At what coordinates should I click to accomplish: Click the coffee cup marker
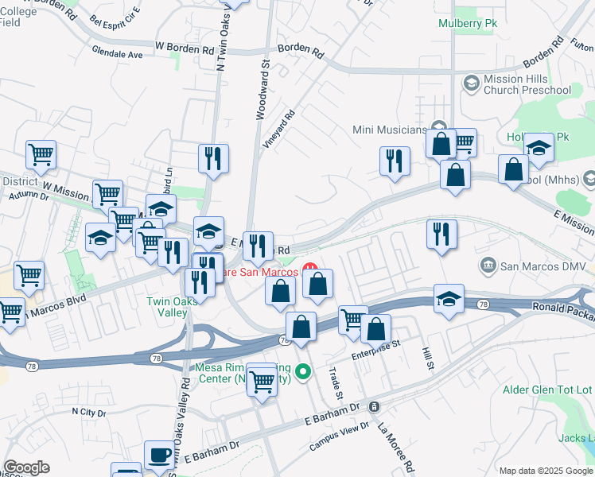click(160, 456)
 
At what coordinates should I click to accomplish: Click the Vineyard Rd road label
click(278, 129)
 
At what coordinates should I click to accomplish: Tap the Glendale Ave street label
click(117, 55)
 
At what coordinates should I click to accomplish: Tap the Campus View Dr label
click(339, 436)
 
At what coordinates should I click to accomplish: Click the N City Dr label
click(88, 411)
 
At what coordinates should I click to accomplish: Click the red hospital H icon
click(311, 271)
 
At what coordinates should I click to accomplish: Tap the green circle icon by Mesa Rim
click(302, 371)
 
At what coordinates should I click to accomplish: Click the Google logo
click(26, 467)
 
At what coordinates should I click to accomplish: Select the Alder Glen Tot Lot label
click(548, 390)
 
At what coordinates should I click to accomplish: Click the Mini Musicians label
click(390, 130)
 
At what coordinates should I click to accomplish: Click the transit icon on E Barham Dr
click(374, 406)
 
